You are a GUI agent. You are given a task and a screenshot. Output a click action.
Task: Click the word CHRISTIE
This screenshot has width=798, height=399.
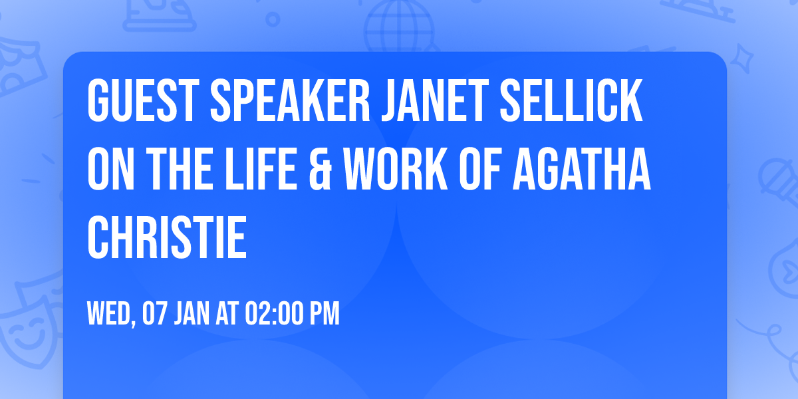[167, 237]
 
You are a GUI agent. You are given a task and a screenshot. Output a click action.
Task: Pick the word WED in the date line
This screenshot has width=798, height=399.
[110, 314]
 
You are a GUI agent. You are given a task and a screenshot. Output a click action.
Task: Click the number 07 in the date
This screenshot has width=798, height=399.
[154, 314]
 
